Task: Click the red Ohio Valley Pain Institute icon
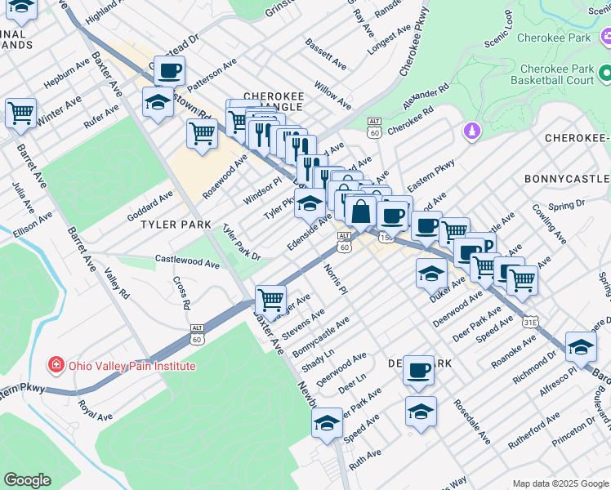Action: tap(56, 364)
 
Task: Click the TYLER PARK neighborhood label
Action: tap(176, 224)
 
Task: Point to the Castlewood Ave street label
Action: tap(188, 263)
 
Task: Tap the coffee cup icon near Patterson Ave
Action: tap(169, 71)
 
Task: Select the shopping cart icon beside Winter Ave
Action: tap(20, 112)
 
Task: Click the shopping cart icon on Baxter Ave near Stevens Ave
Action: tap(270, 299)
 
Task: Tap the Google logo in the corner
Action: tap(27, 479)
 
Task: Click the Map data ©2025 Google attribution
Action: tap(560, 483)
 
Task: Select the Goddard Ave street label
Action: tap(149, 206)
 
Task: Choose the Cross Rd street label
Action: tap(181, 292)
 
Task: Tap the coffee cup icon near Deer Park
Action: tap(419, 370)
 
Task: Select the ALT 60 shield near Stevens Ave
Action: tap(197, 334)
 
